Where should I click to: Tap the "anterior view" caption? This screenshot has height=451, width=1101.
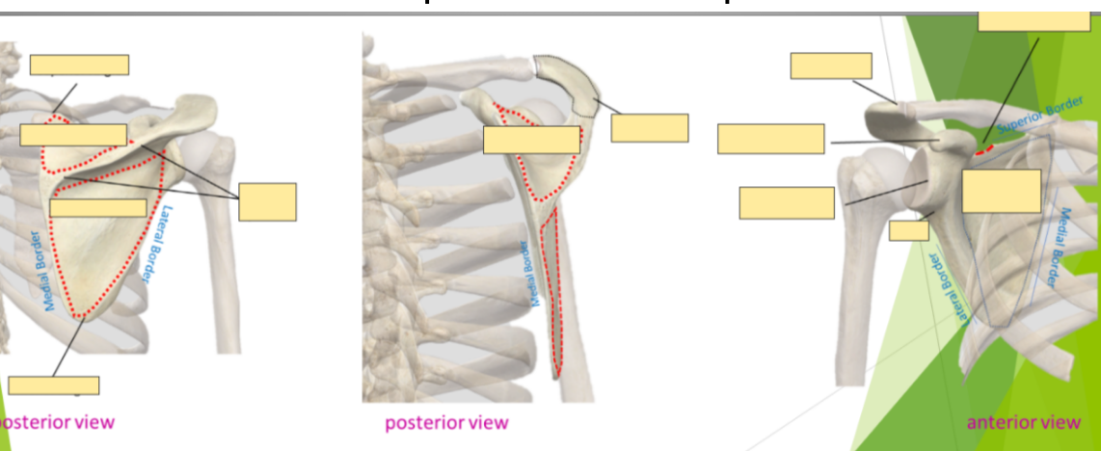pyautogui.click(x=1023, y=422)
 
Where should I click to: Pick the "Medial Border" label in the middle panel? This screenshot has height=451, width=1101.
pyautogui.click(x=527, y=274)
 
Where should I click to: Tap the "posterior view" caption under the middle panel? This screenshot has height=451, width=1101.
pyautogui.click(x=446, y=422)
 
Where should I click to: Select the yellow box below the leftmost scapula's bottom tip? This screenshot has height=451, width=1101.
pyautogui.click(x=53, y=385)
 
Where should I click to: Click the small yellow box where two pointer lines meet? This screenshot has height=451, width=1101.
pyautogui.click(x=267, y=201)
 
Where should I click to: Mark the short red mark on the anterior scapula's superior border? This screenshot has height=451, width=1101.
pyautogui.click(x=983, y=149)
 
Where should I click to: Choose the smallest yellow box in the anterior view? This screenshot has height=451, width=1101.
pyautogui.click(x=908, y=230)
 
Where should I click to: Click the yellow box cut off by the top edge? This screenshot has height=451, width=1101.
pyautogui.click(x=1034, y=19)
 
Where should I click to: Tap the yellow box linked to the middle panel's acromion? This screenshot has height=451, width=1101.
pyautogui.click(x=649, y=128)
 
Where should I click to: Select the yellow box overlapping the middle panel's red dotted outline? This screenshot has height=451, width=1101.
pyautogui.click(x=531, y=140)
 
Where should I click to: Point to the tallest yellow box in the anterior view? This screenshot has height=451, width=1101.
pyautogui.click(x=1001, y=191)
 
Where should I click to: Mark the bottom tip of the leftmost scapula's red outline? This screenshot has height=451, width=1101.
pyautogui.click(x=87, y=315)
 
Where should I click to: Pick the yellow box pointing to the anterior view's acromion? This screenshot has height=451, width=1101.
pyautogui.click(x=831, y=66)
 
